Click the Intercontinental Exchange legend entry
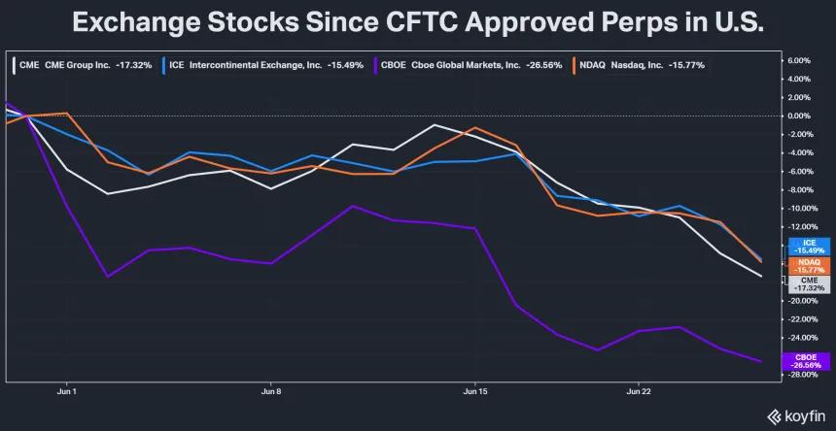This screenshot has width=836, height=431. [262, 65]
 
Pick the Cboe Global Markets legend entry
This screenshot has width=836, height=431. [469, 65]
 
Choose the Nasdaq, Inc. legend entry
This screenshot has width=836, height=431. [639, 65]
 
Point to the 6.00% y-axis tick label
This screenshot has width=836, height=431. [798, 60]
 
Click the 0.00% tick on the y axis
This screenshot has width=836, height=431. [798, 116]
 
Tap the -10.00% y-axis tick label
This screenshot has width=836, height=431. [797, 208]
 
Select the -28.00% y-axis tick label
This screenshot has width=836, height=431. [797, 375]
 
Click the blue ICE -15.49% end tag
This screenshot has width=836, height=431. [809, 247]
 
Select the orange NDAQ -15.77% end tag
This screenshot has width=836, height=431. [809, 266]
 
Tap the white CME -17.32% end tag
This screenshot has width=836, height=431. [809, 284]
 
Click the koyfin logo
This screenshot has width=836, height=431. [796, 416]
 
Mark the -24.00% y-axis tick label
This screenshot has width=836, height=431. [797, 338]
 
